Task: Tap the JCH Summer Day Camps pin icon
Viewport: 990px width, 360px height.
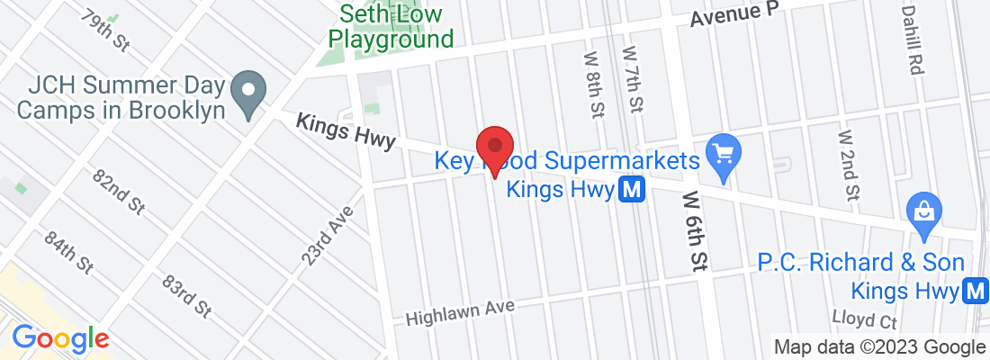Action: (x=245, y=93)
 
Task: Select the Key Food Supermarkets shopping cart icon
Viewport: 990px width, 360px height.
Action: (x=721, y=150)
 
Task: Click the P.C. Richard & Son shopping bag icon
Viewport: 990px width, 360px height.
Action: (x=924, y=212)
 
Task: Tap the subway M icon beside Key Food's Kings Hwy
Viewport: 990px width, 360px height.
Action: (x=632, y=190)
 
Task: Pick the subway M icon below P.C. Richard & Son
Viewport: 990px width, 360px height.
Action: (x=974, y=291)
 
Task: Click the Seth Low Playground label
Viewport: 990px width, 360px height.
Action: (x=390, y=28)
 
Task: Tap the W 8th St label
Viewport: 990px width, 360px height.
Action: (x=593, y=85)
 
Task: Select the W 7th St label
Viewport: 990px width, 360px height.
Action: (x=634, y=81)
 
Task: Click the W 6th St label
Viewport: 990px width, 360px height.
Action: (x=694, y=229)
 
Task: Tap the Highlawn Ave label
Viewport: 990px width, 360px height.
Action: (x=460, y=312)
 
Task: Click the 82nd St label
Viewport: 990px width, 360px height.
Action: (x=119, y=190)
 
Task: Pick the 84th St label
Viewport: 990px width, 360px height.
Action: (x=68, y=254)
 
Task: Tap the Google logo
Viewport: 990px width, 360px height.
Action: (x=60, y=338)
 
